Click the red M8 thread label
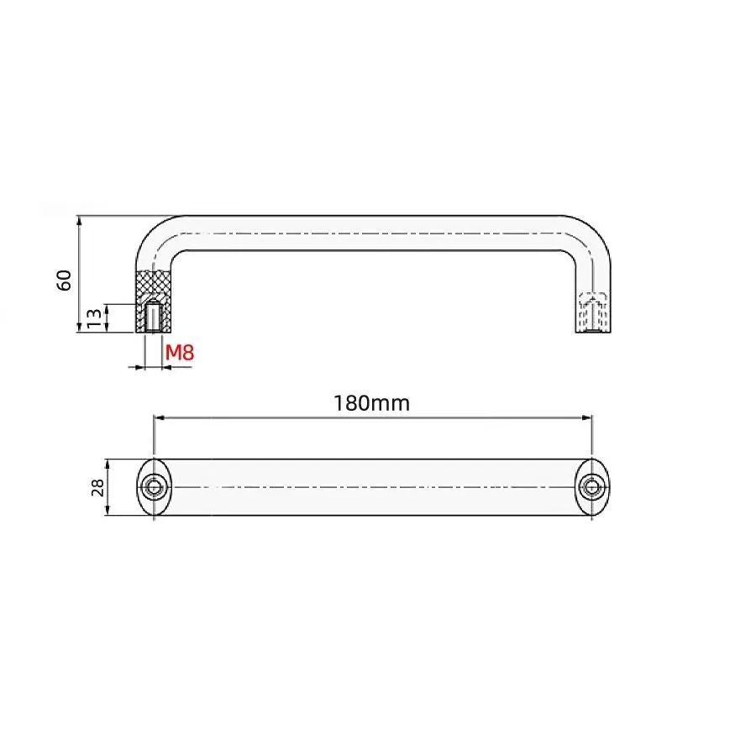point(180,353)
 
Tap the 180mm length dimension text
point(372,403)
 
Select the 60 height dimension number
point(64,280)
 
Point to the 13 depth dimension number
point(94,318)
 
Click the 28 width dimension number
point(98,487)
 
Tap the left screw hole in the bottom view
point(154,487)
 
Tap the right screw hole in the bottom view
point(592,487)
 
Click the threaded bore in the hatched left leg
point(154,317)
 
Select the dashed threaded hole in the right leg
point(592,312)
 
